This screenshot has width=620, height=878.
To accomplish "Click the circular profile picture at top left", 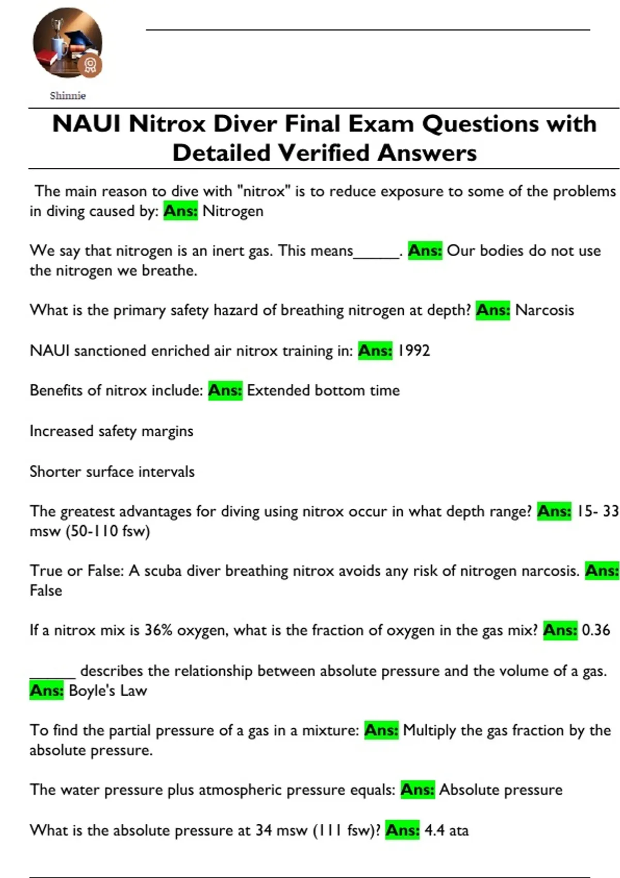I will [67, 42].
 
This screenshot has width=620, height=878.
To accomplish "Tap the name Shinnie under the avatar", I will [68, 96].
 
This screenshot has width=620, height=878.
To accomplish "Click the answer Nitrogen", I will [233, 211].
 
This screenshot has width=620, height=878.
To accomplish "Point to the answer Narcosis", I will [545, 310].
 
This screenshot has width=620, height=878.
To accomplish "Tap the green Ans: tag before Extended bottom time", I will [225, 390].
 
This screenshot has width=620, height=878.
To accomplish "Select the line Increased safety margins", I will [111, 431].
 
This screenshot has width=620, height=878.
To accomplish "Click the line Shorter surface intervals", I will [112, 472].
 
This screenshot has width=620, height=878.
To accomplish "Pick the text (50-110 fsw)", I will [107, 531].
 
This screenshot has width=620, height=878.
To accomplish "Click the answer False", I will [46, 590].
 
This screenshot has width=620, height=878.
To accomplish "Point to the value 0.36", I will [596, 630].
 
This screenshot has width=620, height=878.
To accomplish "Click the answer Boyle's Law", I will [107, 691].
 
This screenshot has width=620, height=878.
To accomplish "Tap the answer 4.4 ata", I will [446, 830].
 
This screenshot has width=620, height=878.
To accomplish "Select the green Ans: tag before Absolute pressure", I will [417, 790].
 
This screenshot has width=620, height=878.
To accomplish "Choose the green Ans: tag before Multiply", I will [381, 730].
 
